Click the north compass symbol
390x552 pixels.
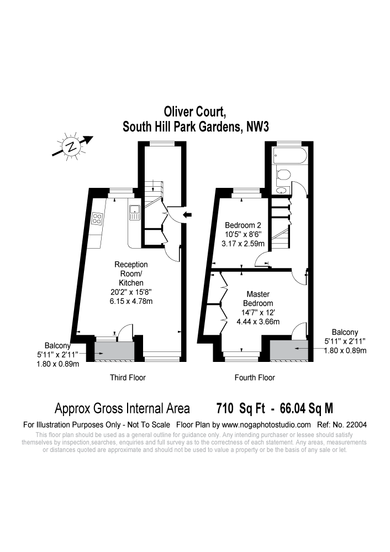71,146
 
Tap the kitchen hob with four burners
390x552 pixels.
97,218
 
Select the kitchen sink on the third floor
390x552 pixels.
134,210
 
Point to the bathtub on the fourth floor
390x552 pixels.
291,155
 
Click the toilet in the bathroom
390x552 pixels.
284,176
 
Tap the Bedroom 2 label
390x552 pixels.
243,225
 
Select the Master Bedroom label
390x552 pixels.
259,299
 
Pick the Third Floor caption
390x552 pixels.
128,378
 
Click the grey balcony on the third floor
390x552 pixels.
114,350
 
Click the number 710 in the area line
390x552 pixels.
225,409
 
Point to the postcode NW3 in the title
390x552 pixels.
257,127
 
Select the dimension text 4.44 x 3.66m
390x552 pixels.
258,322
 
